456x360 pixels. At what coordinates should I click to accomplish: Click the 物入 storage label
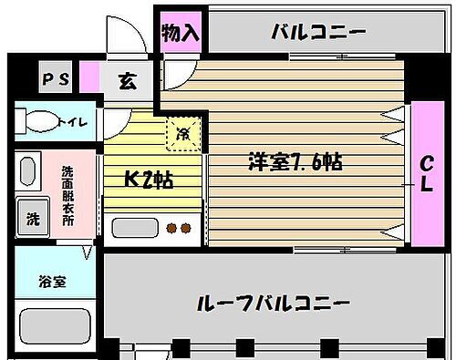pos(181,33)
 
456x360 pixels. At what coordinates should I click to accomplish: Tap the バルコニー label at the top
pos(318,34)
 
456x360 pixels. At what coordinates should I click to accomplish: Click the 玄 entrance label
pos(128,80)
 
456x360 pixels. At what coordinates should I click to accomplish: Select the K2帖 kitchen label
pos(150,179)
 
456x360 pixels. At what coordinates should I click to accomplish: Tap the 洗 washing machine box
pos(33,219)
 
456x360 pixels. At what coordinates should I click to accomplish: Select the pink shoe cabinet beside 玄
pos(89,79)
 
